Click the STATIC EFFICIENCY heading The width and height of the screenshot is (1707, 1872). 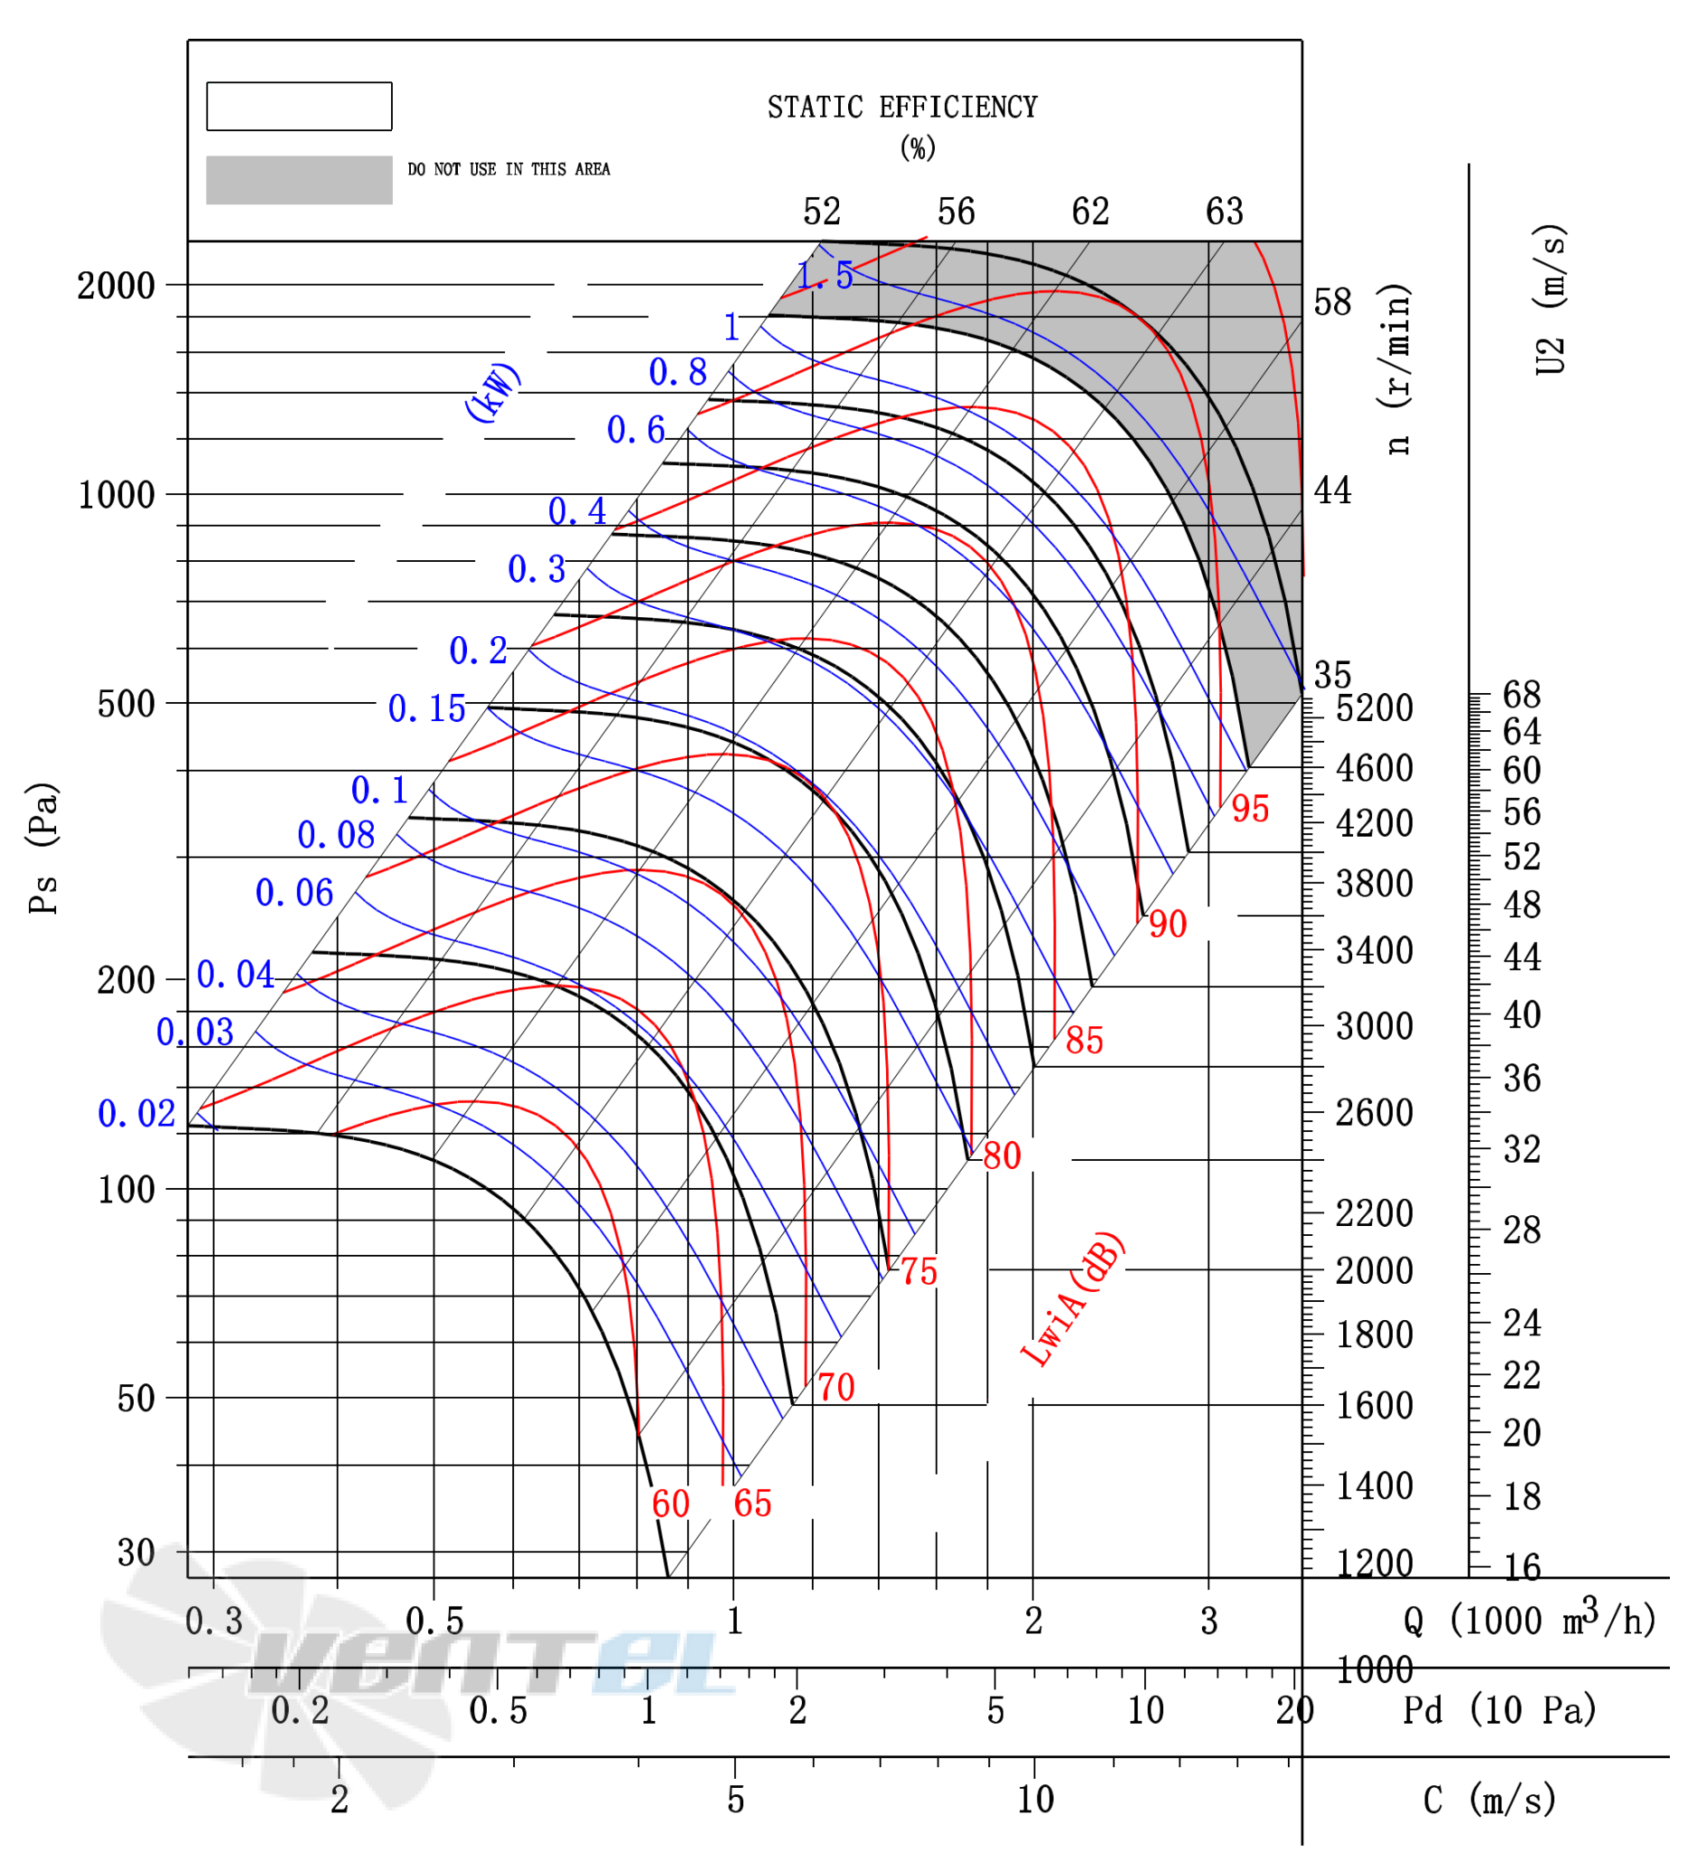901,108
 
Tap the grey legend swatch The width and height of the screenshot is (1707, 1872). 299,180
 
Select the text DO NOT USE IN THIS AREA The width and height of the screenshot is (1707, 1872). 509,169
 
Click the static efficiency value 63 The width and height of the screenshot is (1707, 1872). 1224,212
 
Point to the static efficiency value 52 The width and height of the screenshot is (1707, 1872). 822,212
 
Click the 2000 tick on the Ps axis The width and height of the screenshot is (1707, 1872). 116,286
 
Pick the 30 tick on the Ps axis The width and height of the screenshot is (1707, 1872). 136,1553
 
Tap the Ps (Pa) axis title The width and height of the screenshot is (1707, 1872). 43,848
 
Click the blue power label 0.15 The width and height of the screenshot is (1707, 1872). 426,708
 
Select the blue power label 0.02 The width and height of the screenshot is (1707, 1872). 137,1114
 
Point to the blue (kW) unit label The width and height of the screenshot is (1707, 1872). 493,392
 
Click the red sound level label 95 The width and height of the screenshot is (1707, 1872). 1250,809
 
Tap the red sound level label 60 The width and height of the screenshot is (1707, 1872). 671,1505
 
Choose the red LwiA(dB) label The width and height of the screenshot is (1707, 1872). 1073,1299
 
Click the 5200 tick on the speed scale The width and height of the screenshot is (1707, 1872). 1375,708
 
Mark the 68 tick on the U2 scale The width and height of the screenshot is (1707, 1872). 1522,695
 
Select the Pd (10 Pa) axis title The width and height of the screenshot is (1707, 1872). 1499,1709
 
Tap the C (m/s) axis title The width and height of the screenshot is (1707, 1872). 1489,1800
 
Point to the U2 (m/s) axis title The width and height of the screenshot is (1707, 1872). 1550,299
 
